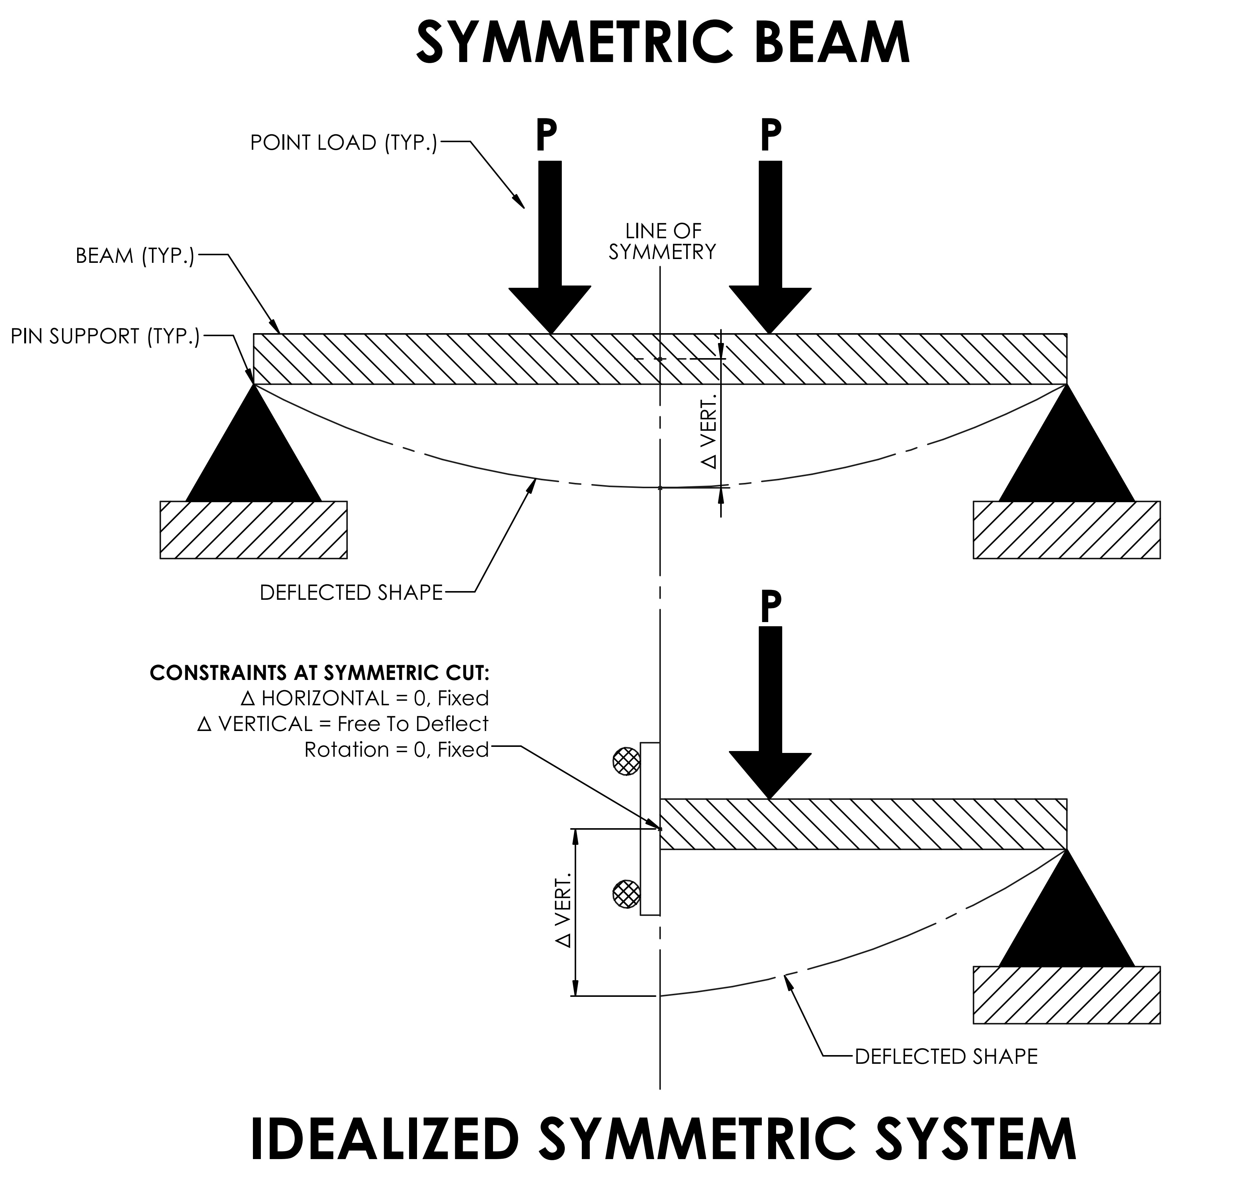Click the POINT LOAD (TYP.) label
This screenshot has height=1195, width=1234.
[343, 143]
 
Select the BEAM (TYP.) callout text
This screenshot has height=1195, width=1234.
[135, 256]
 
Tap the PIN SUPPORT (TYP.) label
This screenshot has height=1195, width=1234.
[104, 337]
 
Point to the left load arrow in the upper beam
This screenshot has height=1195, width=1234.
[550, 245]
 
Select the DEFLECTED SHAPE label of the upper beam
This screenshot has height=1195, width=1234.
[351, 593]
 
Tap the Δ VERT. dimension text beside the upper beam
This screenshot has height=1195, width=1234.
[710, 432]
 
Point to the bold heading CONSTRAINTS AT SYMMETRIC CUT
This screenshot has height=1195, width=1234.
[319, 673]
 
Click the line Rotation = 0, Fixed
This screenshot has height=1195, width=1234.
[397, 750]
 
